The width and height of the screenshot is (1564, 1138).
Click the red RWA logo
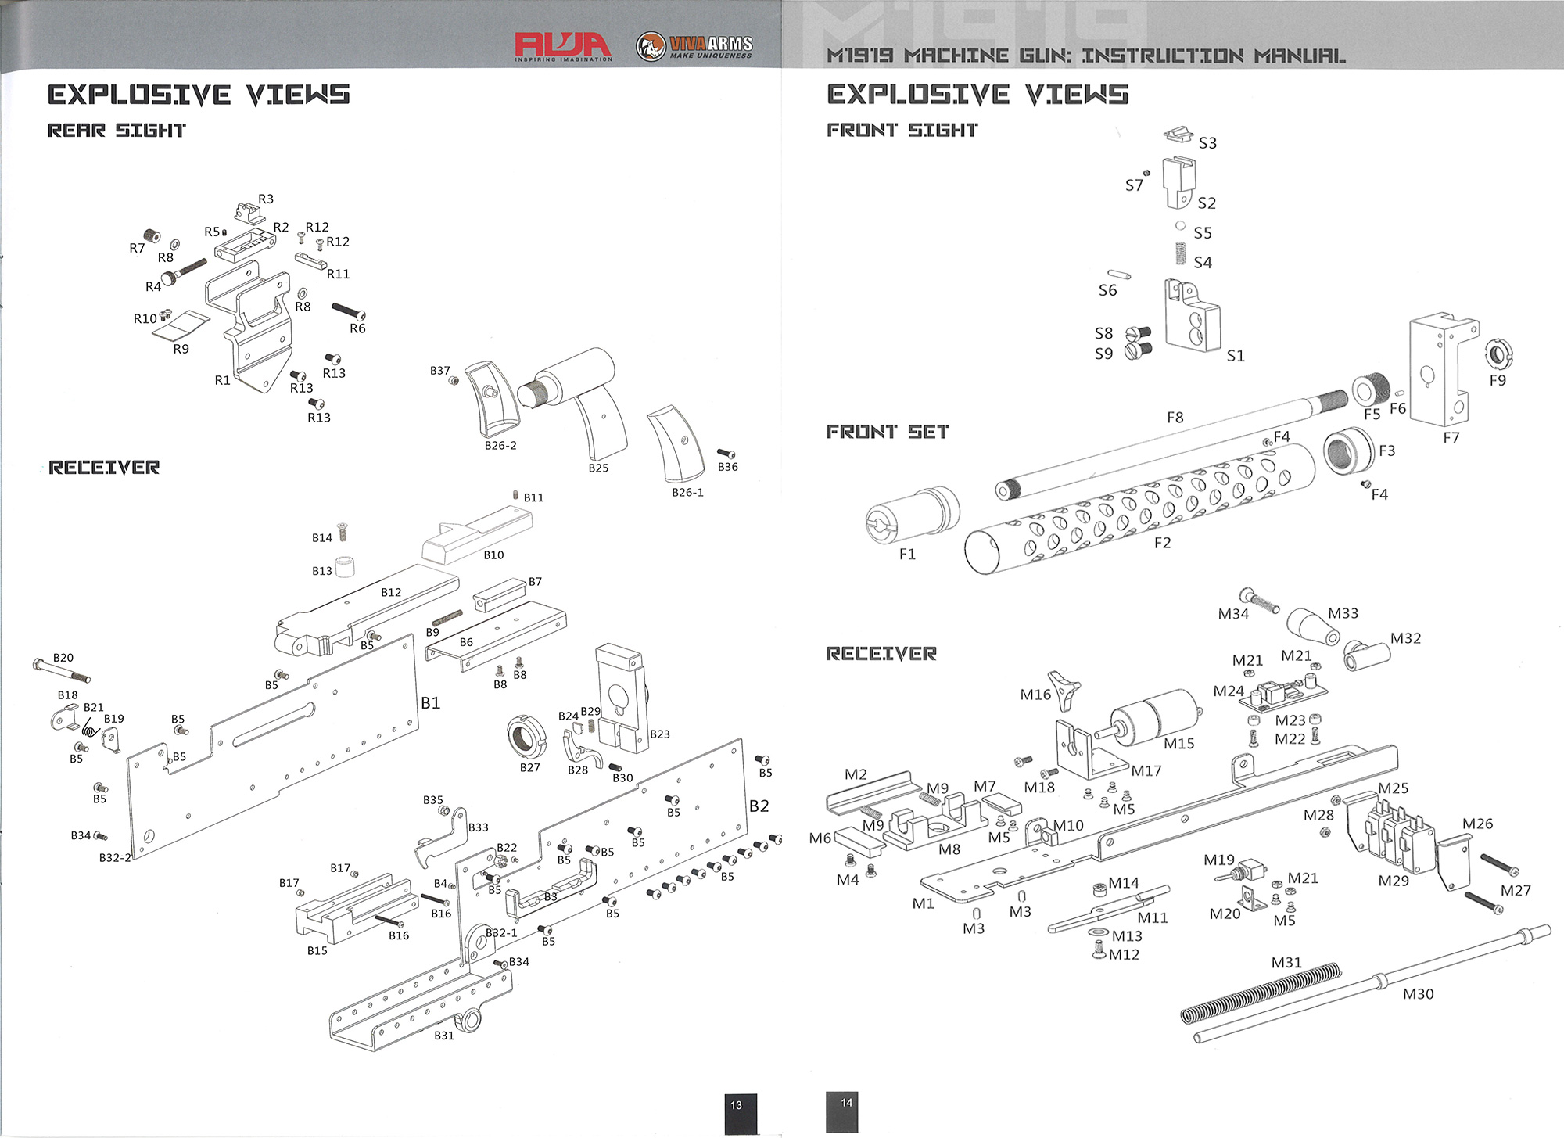point(562,45)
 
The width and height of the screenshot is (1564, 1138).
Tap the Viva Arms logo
point(694,46)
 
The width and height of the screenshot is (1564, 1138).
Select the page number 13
point(736,1105)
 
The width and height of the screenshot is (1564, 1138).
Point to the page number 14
point(847,1103)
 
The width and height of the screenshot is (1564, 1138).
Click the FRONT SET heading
point(888,432)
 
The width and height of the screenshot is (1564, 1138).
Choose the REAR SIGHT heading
point(117,131)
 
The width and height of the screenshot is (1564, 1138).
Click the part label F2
point(1163,543)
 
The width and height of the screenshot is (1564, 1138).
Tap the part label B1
point(430,703)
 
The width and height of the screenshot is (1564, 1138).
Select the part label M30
point(1418,994)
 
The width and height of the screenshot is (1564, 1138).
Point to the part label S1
point(1236,356)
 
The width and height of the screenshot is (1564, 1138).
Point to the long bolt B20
point(62,671)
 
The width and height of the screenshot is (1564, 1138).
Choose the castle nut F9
point(1498,354)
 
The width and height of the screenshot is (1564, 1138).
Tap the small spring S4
point(1182,253)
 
